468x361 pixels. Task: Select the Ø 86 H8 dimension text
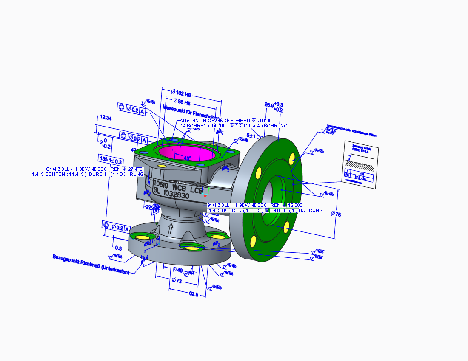pos(181,102)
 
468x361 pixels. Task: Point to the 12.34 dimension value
pos(106,118)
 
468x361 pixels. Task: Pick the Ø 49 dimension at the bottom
pos(177,270)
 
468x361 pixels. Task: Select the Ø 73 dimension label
pos(177,281)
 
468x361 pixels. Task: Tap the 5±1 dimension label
pos(251,136)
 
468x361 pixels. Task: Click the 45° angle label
pos(187,158)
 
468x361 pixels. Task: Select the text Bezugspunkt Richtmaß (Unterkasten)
pos(91,265)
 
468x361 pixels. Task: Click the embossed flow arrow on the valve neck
pos(171,229)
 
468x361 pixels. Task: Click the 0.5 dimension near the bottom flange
pos(118,248)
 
